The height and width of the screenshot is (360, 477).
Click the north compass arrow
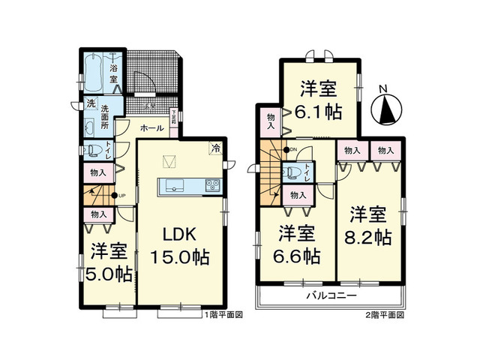coord(388,109)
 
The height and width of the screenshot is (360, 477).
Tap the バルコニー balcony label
coord(330,297)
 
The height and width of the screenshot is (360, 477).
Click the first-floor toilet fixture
coord(92,148)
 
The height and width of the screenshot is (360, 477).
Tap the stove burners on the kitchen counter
coord(209,186)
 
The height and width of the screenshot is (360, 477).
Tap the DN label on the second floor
coord(293,150)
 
